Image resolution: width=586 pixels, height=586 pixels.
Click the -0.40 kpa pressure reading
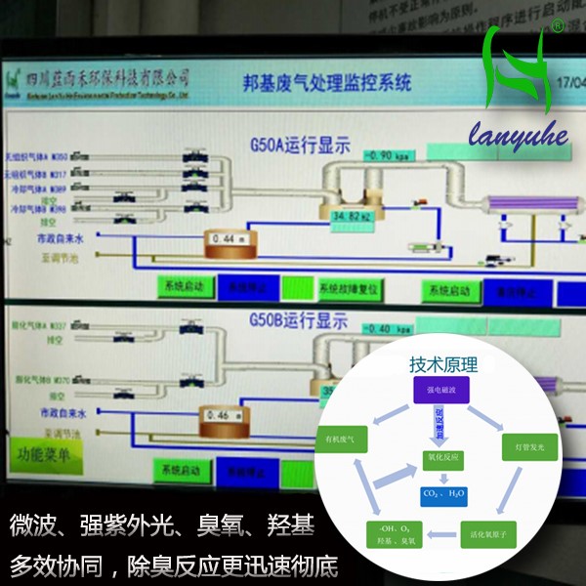pos(390,328)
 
